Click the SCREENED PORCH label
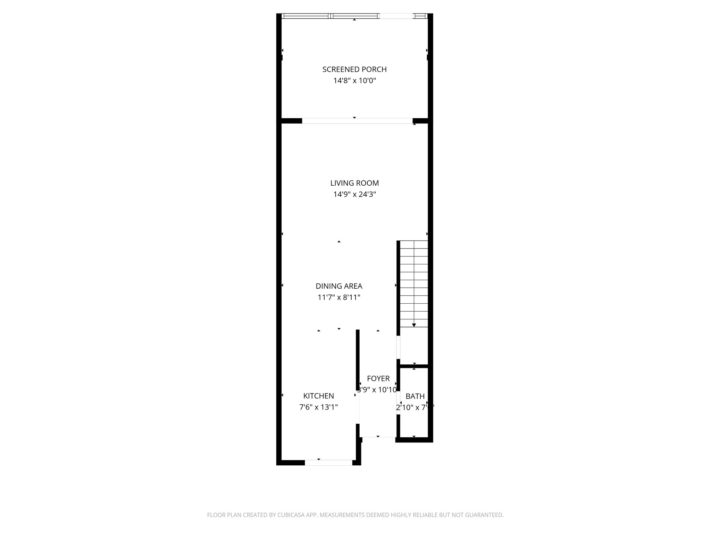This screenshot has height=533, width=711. coord(354,69)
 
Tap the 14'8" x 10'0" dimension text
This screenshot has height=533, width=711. coord(354,81)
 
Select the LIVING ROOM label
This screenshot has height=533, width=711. coord(354,183)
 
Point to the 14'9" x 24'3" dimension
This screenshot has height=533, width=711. coord(354,194)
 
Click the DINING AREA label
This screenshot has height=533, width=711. coord(339,286)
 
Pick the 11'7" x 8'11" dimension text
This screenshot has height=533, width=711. coord(339,297)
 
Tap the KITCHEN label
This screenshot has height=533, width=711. coord(318,396)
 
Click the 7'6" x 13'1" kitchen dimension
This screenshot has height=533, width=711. coord(318,407)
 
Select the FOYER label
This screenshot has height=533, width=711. coord(378,379)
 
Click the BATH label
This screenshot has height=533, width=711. coord(415,396)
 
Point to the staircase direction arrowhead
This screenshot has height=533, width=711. coord(414,325)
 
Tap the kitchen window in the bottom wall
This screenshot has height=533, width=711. coord(328,463)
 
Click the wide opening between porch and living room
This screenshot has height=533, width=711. coord(357,121)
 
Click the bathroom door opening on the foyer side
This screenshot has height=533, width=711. coord(398,403)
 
